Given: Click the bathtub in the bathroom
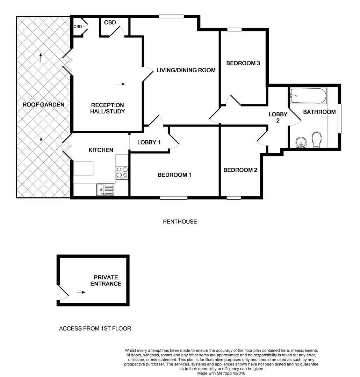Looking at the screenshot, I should point(308,95).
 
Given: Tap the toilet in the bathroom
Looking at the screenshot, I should point(317,140).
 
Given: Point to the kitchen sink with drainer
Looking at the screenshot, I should point(105,190).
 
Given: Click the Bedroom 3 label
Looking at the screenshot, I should point(243,63).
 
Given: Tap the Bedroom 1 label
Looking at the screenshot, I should point(174,175).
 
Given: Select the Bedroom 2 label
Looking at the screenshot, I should point(240,170).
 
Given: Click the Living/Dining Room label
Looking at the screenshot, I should point(186,70).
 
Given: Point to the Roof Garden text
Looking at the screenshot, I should point(43,104).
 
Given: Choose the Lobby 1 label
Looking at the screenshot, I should point(149,142).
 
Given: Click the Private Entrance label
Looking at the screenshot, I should point(106,281).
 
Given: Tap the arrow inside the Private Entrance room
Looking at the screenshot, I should point(81,292).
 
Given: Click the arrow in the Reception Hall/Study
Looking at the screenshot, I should point(121,84).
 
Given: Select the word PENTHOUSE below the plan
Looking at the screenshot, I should point(180,222).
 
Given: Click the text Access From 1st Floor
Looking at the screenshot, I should point(95,328).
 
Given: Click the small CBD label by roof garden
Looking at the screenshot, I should point(78,27).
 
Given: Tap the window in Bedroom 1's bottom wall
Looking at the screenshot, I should point(173,198).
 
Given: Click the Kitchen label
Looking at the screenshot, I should point(101,150).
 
